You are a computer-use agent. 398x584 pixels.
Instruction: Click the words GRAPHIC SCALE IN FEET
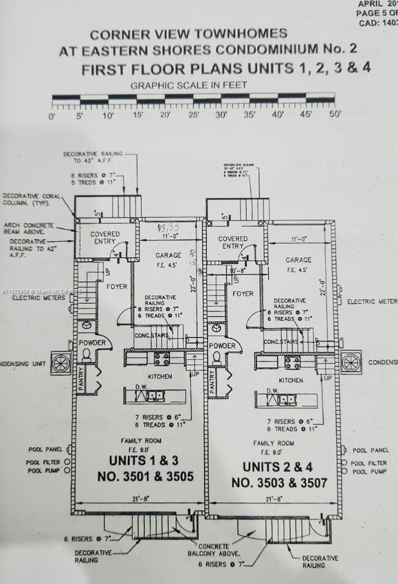(189, 85)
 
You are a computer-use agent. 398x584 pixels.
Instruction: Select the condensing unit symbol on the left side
(61, 363)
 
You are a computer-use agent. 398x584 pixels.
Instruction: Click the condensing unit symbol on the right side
(351, 361)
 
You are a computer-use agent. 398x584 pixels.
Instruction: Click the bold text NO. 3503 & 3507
(279, 483)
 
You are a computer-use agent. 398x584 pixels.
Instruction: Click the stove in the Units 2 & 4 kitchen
(292, 362)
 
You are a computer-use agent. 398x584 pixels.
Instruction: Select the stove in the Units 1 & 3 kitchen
(162, 359)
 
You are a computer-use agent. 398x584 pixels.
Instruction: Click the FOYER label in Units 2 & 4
(243, 294)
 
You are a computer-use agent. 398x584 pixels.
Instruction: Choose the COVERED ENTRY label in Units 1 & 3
(105, 238)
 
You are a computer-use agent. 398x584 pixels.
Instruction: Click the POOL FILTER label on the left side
(42, 462)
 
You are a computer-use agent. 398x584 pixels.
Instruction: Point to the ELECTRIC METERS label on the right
(372, 302)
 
